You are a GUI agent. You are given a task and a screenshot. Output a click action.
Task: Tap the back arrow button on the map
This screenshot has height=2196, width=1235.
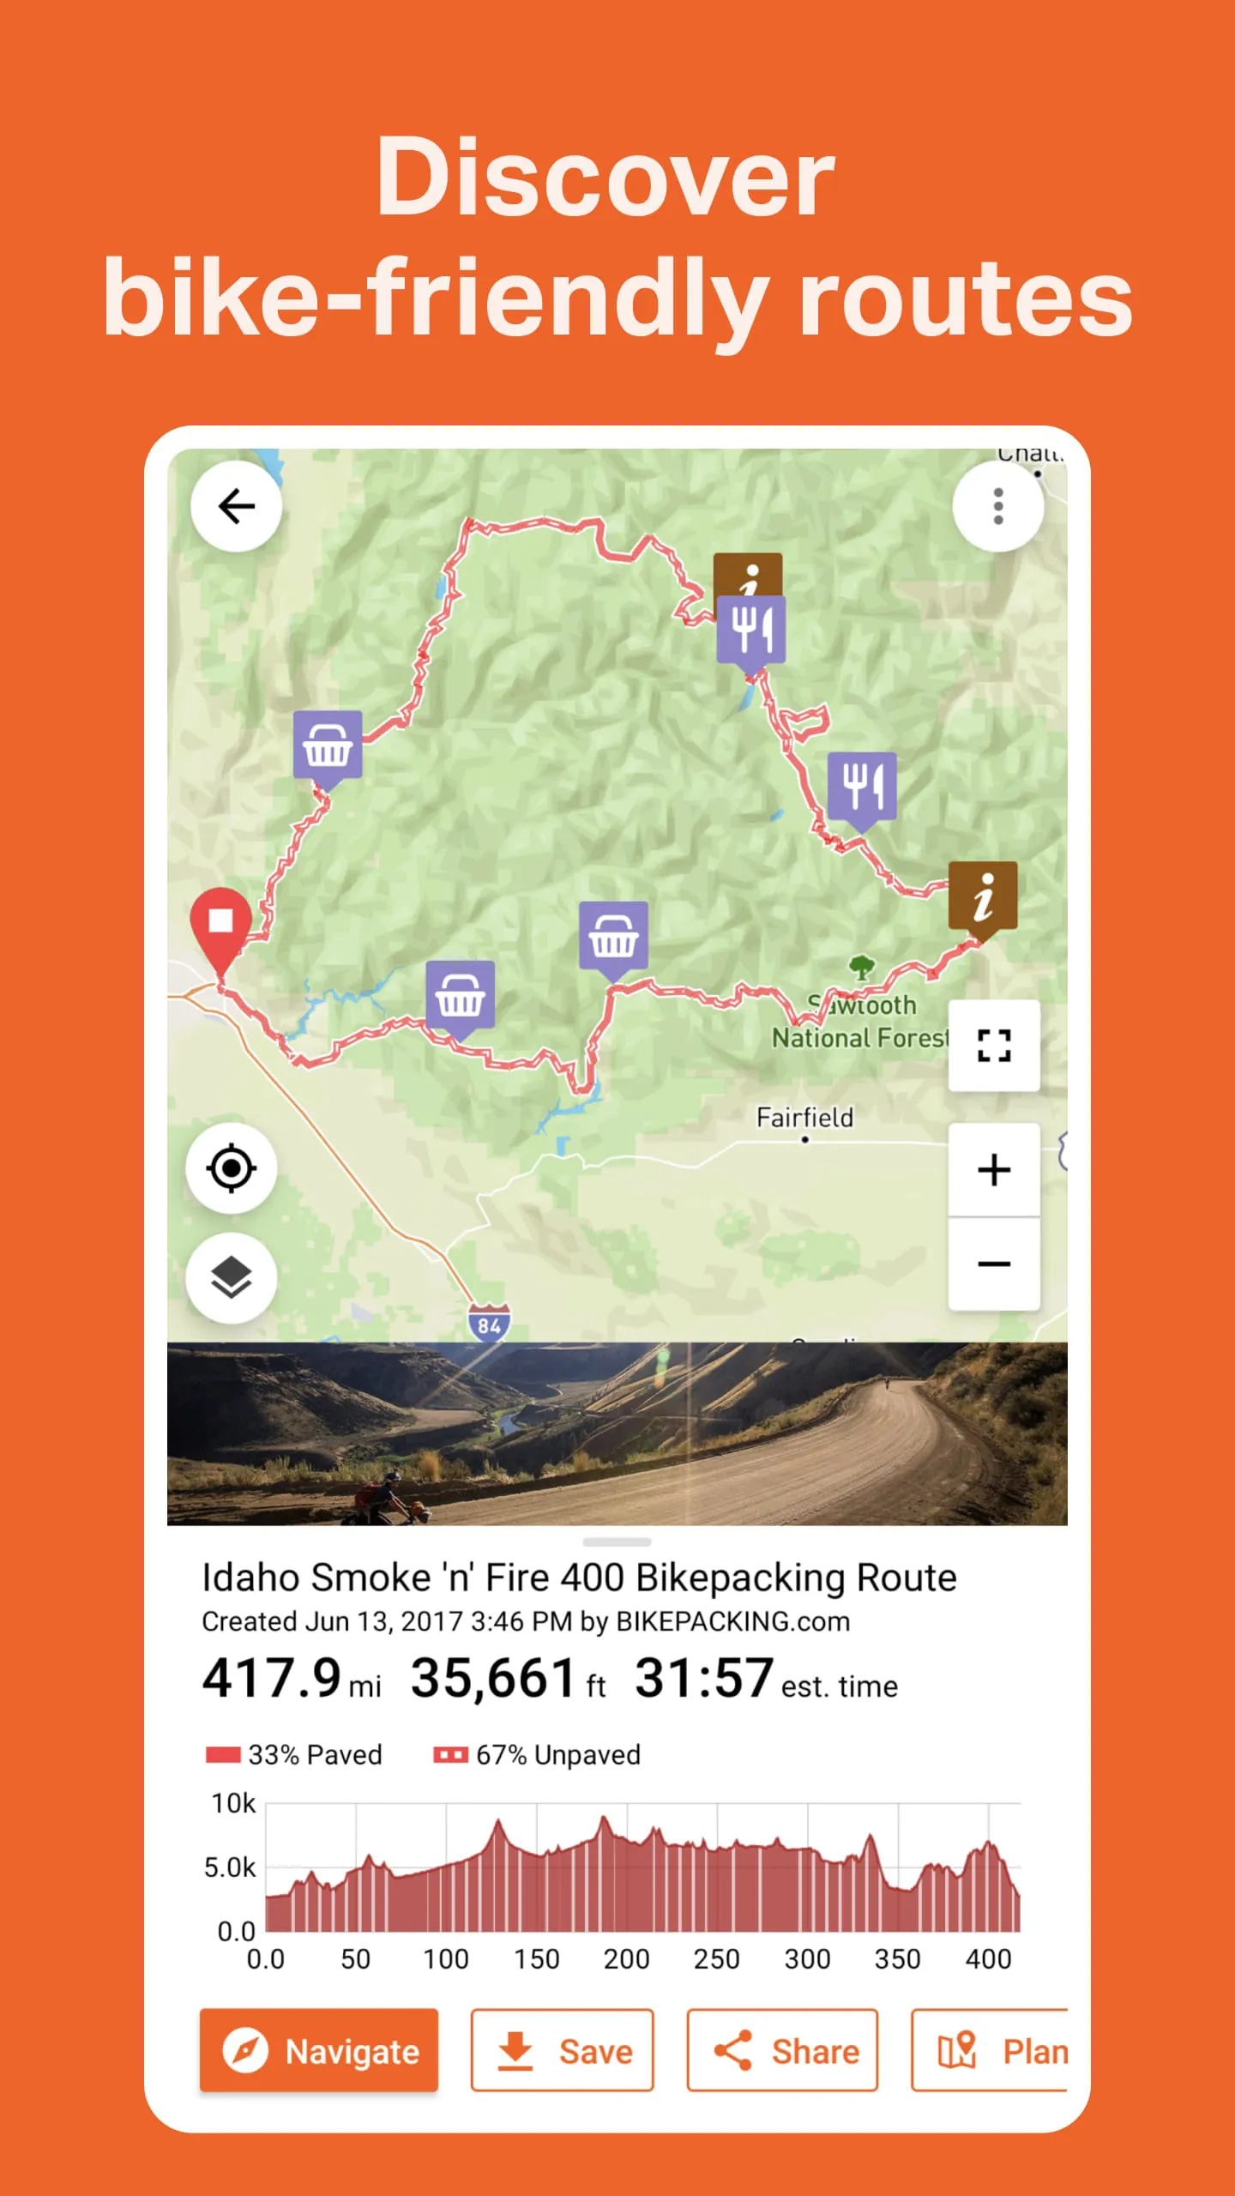(236, 506)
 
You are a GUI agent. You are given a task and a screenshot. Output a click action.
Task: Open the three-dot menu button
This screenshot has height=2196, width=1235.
(997, 506)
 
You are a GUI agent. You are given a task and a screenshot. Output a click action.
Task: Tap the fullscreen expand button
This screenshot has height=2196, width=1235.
(994, 1046)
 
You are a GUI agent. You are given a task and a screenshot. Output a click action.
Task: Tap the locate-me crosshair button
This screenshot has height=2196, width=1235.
(232, 1168)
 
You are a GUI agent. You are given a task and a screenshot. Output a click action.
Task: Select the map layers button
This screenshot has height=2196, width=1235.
(232, 1277)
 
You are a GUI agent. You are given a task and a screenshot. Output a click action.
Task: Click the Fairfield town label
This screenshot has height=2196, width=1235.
(804, 1118)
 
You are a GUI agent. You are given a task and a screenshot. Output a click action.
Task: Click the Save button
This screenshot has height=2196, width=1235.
(562, 2051)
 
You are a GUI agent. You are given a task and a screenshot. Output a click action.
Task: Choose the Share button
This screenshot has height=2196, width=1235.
(782, 2051)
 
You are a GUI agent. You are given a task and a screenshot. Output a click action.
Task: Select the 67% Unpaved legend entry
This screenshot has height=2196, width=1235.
(537, 1755)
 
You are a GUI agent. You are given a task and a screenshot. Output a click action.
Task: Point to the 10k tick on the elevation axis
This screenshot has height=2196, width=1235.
(233, 1804)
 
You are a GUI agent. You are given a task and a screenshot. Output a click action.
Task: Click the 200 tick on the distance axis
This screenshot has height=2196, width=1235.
(626, 1959)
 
